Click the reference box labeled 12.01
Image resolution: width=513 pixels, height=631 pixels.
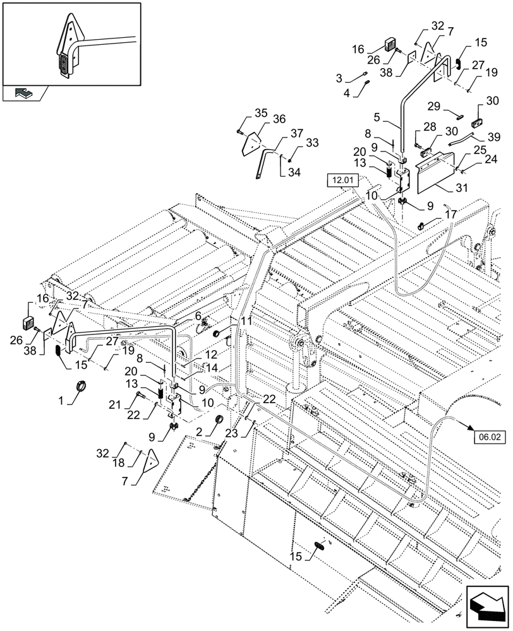(342, 181)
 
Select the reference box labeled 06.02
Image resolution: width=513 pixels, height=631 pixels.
(483, 435)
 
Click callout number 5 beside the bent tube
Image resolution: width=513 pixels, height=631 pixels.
(377, 117)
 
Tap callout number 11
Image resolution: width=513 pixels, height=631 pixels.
(246, 321)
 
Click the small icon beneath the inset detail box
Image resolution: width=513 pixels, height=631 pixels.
(23, 93)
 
